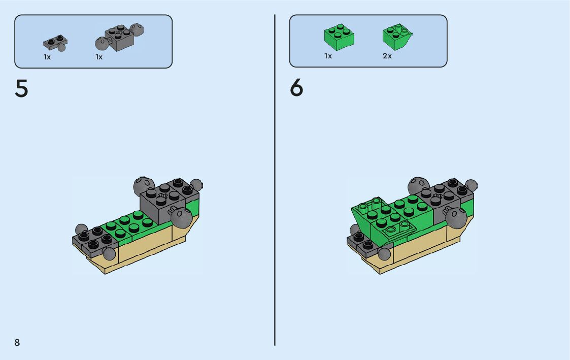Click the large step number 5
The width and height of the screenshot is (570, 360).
point(21,89)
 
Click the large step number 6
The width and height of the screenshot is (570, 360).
point(296,89)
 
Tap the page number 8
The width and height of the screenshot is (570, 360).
point(17,342)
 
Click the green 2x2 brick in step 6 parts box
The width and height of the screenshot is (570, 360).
point(339,37)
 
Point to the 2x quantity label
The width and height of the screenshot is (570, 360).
point(387,56)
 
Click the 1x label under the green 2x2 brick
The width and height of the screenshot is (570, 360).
point(328,56)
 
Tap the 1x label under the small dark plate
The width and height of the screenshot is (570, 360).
point(47,57)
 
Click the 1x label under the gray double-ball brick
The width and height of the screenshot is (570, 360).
point(99,57)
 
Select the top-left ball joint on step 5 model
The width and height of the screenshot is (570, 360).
point(144,185)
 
